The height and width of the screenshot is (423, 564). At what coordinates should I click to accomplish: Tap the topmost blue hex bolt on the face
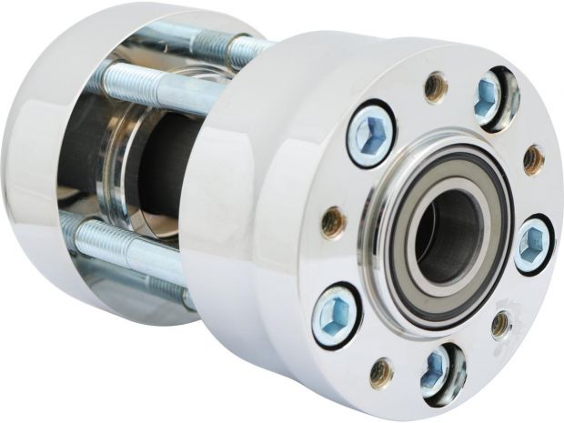pos(488,96)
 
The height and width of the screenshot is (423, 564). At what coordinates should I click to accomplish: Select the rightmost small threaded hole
pos(533,161)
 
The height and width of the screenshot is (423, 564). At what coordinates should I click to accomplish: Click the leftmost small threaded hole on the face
pos(333,220)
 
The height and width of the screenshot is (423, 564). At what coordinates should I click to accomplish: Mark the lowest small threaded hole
pos(382,372)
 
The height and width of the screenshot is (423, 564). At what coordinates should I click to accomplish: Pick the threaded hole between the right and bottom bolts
pos(499,323)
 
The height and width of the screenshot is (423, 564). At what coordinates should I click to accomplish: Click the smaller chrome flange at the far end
pos(36,164)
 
